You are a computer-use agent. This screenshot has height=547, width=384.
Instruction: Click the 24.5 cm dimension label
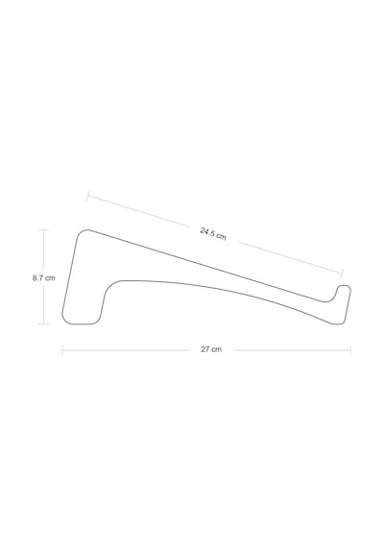[x=213, y=234]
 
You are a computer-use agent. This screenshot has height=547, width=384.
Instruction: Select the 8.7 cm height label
[x=44, y=278]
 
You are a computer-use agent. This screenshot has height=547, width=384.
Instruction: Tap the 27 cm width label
[x=211, y=349]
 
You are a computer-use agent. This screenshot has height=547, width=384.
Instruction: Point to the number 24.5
[x=207, y=232]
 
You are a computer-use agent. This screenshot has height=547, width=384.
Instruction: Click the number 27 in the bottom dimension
[x=204, y=349]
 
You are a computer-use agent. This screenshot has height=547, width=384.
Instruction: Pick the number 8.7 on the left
[x=37, y=278]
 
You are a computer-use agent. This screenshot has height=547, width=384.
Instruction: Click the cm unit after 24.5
[x=221, y=236]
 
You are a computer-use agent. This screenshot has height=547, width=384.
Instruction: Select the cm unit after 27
[x=216, y=349]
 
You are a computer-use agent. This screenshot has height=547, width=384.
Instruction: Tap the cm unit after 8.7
[x=50, y=278]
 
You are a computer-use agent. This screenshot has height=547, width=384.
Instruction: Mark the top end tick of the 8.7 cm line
[x=43, y=230]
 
